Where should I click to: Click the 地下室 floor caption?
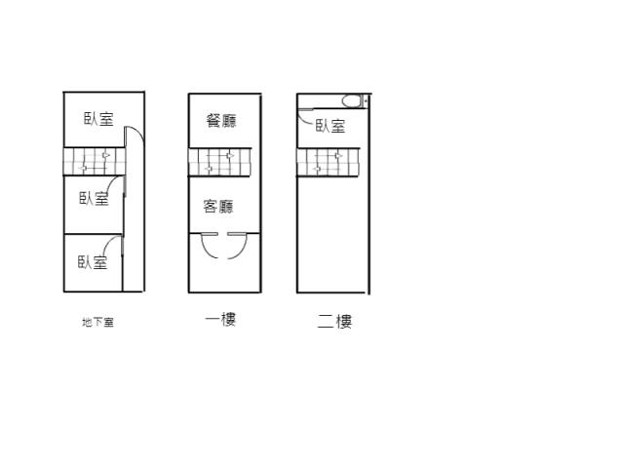[x=97, y=322]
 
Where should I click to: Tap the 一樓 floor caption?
[x=221, y=319]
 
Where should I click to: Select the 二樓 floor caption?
[x=334, y=321]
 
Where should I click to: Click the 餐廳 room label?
[x=221, y=120]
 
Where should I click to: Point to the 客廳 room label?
[x=218, y=207]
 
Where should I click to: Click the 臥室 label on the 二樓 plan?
[x=331, y=126]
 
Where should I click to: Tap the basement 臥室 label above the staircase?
[x=98, y=119]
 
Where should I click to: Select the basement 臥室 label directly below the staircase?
[x=94, y=198]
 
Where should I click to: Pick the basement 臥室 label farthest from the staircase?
[x=93, y=262]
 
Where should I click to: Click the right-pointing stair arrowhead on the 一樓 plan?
[x=230, y=156]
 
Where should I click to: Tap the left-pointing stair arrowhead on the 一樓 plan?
[x=208, y=169]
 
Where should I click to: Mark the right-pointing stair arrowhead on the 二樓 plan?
[x=338, y=156]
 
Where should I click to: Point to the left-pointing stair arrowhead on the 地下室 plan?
[x=83, y=169]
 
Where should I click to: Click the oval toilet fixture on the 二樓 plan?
[x=351, y=101]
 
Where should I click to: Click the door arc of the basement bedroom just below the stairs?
[x=112, y=182]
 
